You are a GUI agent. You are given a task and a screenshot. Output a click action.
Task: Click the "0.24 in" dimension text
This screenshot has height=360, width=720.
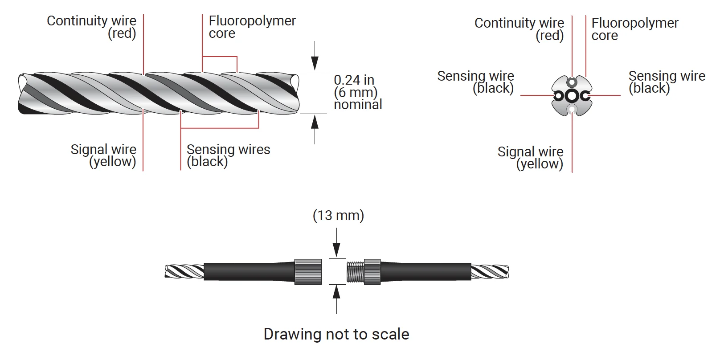[354, 80]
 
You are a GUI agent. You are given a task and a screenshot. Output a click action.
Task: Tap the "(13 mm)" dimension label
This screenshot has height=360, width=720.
[338, 216]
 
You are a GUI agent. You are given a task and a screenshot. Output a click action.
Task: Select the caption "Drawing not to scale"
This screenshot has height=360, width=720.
[336, 334]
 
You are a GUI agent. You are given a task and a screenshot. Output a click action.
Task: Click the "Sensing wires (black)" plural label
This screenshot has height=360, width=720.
[228, 155]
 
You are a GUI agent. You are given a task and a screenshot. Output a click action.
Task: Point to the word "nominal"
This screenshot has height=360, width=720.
[358, 105]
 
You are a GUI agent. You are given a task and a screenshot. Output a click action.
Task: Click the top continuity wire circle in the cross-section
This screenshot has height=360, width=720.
[572, 82]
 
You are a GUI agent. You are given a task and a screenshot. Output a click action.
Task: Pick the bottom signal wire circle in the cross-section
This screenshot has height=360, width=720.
[572, 109]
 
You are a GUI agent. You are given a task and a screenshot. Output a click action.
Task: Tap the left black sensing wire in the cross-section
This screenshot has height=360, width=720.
[559, 96]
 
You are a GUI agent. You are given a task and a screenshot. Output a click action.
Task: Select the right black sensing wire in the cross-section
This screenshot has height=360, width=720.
[585, 96]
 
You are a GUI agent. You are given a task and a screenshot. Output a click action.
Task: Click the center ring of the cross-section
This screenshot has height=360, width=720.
[572, 96]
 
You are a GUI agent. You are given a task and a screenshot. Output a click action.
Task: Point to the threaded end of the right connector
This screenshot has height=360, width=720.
[356, 271]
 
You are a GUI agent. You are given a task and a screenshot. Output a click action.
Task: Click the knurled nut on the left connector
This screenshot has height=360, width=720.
[308, 271]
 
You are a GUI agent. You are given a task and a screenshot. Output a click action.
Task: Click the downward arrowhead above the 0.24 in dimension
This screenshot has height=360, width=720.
[315, 64]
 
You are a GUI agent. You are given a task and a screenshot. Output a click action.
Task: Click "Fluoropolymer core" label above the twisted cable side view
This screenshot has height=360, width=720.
[252, 27]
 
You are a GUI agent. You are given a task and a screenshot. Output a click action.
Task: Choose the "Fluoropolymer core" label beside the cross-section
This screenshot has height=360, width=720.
[634, 29]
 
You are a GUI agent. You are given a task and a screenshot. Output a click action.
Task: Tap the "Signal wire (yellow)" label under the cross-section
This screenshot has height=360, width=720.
[531, 158]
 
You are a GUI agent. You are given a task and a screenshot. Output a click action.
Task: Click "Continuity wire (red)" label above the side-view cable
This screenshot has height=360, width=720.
[92, 27]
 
